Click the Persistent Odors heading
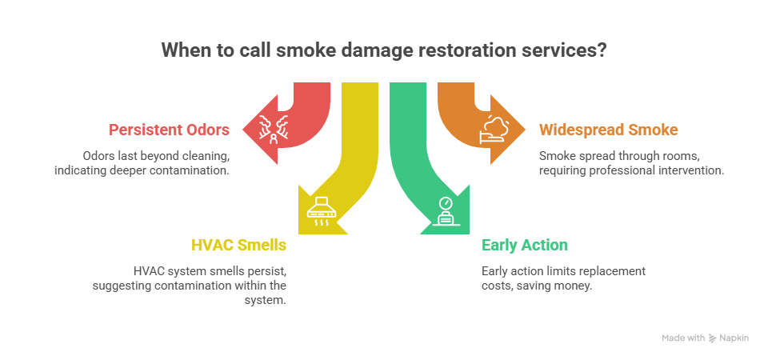pos(170,130)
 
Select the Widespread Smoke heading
pos(609,130)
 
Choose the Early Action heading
pos(524,246)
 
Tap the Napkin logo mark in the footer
pos(712,338)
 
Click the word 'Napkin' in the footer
pos(734,338)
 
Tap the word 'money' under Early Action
pos(574,286)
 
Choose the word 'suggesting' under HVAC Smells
pos(120,286)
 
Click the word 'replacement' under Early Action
pos(616,271)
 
